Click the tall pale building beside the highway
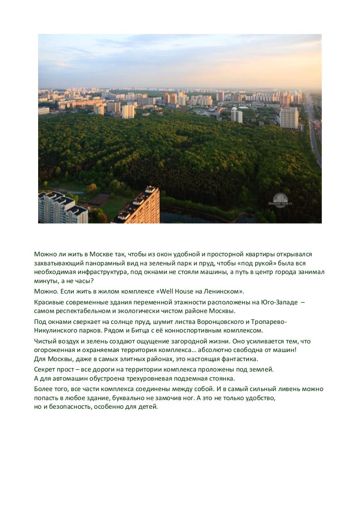point(289,117)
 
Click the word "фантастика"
point(239,359)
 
